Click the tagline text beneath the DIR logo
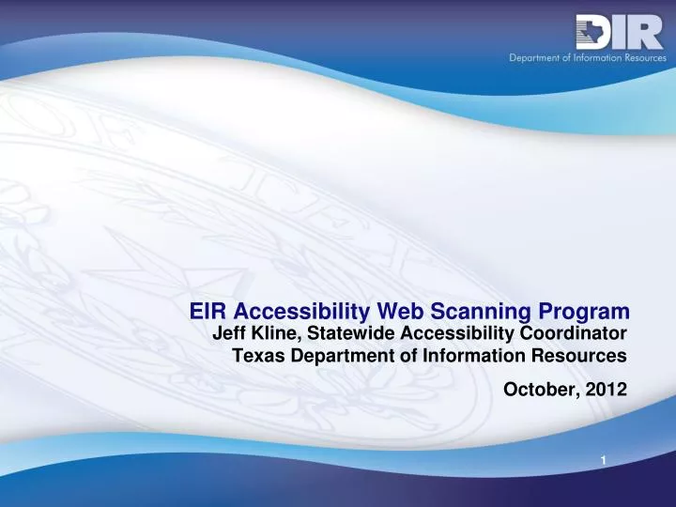tap(587, 57)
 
